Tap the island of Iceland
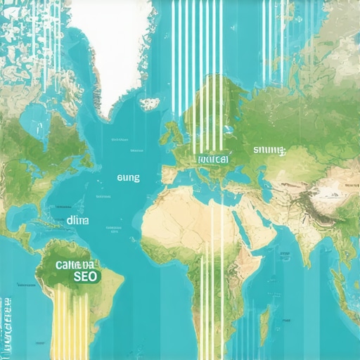[x=149, y=104]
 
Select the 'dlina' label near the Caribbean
[x=78, y=220]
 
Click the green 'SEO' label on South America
[x=84, y=277]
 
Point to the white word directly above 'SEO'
[x=73, y=264]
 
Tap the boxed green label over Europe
[x=213, y=160]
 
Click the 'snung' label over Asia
[x=270, y=150]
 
